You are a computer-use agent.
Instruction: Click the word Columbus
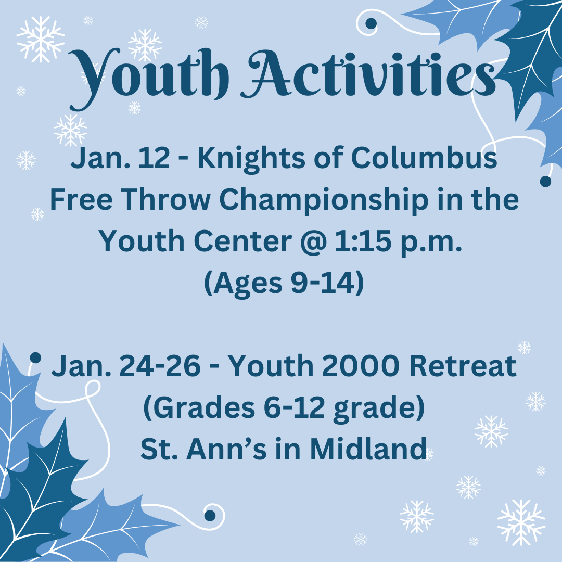tap(424, 157)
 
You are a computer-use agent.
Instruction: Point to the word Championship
tap(324, 200)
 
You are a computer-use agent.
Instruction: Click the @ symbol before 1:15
tap(314, 241)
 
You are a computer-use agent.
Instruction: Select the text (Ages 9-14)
tap(284, 283)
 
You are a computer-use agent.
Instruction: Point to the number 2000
tap(360, 366)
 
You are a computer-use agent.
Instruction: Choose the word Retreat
tap(463, 366)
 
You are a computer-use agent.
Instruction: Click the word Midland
tap(368, 449)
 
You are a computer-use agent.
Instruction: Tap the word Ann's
tap(226, 449)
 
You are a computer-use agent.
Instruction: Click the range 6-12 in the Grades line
tap(294, 407)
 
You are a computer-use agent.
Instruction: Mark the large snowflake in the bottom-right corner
tap(521, 522)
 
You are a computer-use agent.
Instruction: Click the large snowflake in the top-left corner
tap(41, 39)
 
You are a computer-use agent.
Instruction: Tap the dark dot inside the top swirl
tap(371, 23)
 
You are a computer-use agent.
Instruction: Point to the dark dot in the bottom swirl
tap(210, 516)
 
